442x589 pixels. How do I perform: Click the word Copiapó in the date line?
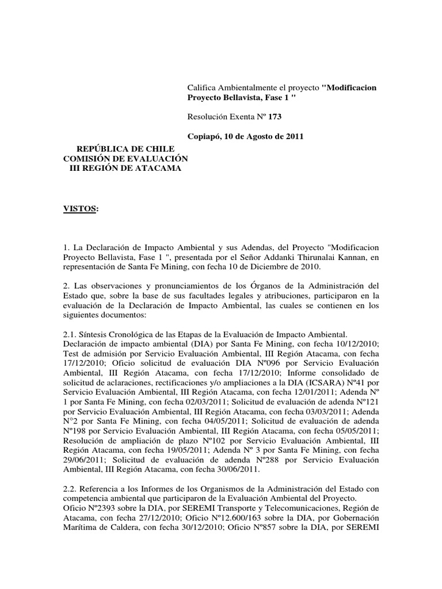coord(204,136)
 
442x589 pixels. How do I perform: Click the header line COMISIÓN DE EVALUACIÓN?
coord(125,158)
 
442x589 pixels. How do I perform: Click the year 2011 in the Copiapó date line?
coord(294,136)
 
